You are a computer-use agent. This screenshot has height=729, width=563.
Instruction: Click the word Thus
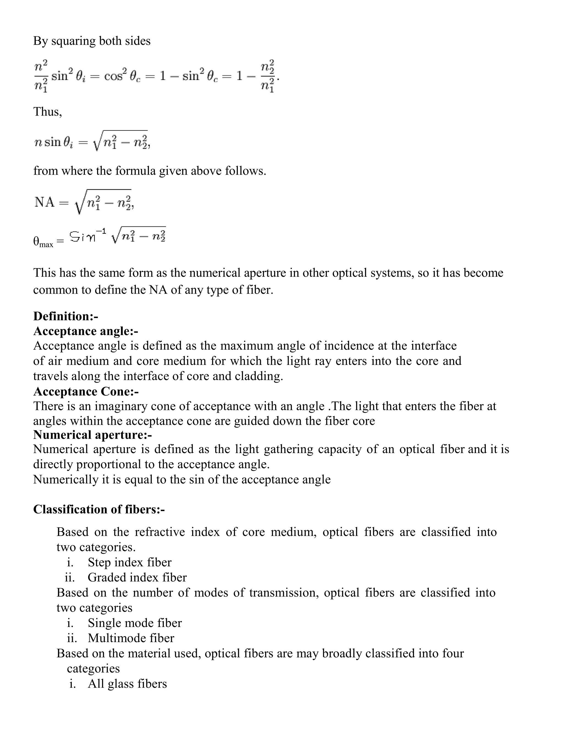pos(47,111)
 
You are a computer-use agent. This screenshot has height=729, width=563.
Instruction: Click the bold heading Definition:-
pos(65,316)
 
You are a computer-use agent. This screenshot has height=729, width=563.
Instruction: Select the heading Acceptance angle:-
pos(85,331)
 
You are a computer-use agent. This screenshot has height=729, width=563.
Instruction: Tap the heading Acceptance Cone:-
pos(86,391)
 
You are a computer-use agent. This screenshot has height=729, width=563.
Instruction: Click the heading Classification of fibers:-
pos(99,509)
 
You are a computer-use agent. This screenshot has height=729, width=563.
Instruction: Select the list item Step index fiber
pos(129,562)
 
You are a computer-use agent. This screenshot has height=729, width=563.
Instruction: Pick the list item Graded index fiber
pos(137,577)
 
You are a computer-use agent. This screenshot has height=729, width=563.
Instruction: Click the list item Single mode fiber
pos(135,623)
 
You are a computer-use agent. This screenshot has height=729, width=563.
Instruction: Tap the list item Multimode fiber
pos(131,638)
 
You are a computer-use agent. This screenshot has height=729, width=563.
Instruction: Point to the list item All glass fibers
pos(127,684)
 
